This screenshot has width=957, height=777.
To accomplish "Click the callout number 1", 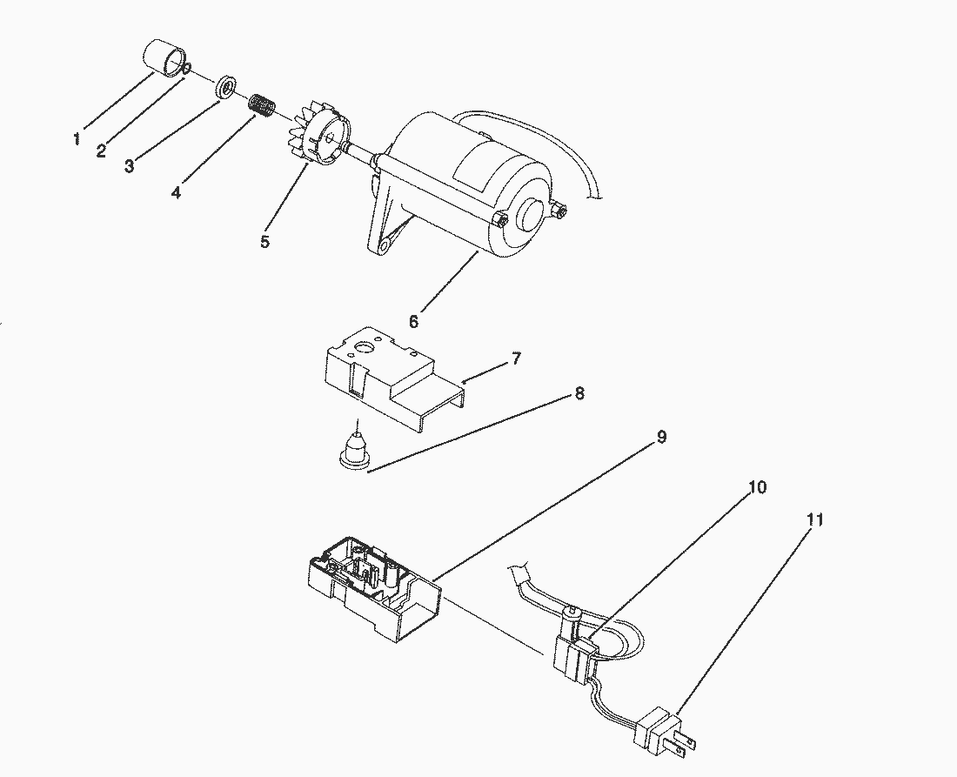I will coord(77,138).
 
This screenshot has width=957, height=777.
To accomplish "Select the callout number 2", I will coord(101,151).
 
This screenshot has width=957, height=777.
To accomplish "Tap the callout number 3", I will coord(129,166).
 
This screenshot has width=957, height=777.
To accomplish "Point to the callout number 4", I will coord(176,191).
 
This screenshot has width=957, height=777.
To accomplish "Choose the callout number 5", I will coord(264,241).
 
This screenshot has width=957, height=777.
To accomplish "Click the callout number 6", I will coord(413,321).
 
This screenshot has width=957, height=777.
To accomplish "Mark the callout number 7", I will coord(516,358).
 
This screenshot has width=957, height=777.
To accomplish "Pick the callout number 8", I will coord(579,393).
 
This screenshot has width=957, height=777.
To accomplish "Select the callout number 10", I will coord(758,487).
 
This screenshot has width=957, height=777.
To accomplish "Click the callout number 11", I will coord(815,519).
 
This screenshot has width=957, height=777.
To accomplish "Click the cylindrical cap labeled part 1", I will coord(168,58).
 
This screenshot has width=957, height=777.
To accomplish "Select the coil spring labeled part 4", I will coord(262,107).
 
